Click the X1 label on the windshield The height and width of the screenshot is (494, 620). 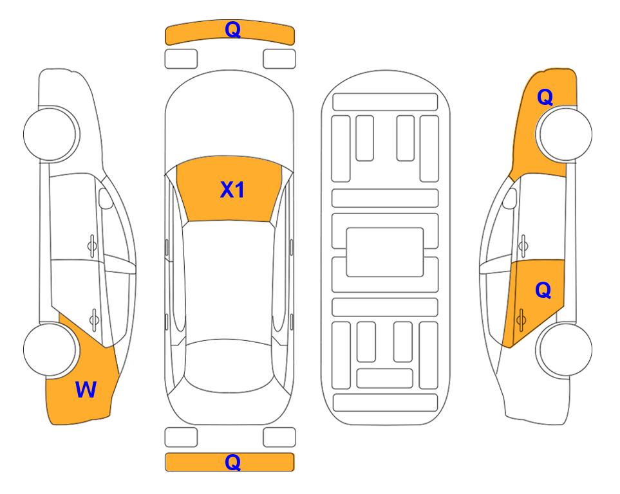(232, 190)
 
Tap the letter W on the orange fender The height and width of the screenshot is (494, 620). (86, 390)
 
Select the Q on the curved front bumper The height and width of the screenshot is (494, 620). (232, 29)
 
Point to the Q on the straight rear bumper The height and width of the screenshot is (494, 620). (232, 462)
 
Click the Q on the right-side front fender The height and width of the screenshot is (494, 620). (545, 97)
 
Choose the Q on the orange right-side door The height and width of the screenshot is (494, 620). (543, 290)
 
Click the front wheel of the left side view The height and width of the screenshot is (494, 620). (51, 134)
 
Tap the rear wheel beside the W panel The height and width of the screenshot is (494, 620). (50, 349)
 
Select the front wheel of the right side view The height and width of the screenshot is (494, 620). (565, 134)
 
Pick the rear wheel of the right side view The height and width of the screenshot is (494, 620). (565, 349)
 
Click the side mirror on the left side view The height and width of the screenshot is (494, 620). (106, 198)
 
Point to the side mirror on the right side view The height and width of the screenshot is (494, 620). (510, 198)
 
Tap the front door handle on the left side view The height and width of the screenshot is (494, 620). (92, 246)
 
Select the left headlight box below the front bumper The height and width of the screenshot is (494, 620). (181, 59)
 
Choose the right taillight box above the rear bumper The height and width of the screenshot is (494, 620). (279, 437)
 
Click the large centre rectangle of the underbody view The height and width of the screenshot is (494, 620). (385, 252)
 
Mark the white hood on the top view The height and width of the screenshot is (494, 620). (229, 118)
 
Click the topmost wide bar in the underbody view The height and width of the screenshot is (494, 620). (385, 102)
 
